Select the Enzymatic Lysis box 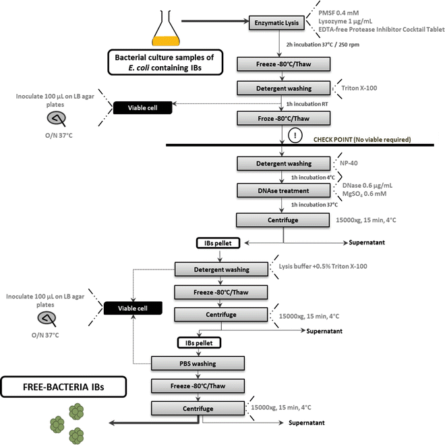[283, 23]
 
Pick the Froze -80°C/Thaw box [283, 117]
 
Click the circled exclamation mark [295, 135]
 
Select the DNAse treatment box [283, 191]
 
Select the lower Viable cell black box [133, 308]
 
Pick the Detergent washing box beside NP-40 [283, 163]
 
